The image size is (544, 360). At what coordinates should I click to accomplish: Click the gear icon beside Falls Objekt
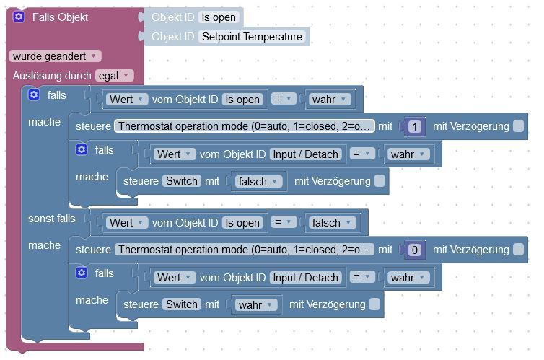pos(19,17)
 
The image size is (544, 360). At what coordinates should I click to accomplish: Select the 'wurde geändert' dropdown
pos(56,56)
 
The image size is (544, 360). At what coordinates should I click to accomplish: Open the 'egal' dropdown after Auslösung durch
pos(114,76)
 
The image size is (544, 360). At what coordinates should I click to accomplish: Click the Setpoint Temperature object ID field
pos(252,37)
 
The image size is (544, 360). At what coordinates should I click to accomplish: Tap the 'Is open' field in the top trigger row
pos(219,17)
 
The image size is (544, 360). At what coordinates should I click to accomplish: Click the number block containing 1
pos(415,126)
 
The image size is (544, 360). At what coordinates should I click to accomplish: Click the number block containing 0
pos(415,250)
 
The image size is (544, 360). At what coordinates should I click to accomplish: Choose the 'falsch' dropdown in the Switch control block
pos(258,181)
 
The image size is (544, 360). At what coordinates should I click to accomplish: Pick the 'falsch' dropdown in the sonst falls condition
pos(333,223)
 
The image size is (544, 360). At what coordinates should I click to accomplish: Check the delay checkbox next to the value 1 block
pos(518,126)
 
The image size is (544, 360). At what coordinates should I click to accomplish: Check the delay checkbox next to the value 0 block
pos(518,250)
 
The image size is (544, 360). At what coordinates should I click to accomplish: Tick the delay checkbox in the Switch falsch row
pos(380,181)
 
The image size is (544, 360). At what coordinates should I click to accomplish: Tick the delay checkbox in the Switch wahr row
pos(374,304)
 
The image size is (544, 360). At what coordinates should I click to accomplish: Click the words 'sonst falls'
pos(52,219)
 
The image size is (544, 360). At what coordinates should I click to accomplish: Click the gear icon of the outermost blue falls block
pos(34,95)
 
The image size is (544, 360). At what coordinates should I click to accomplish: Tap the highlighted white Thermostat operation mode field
pos(245,126)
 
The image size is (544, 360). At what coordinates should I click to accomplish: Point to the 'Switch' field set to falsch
pos(182,181)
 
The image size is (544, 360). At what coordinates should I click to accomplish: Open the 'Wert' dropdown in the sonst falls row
pos(127,223)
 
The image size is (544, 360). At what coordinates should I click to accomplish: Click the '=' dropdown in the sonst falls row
pos(284,222)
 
